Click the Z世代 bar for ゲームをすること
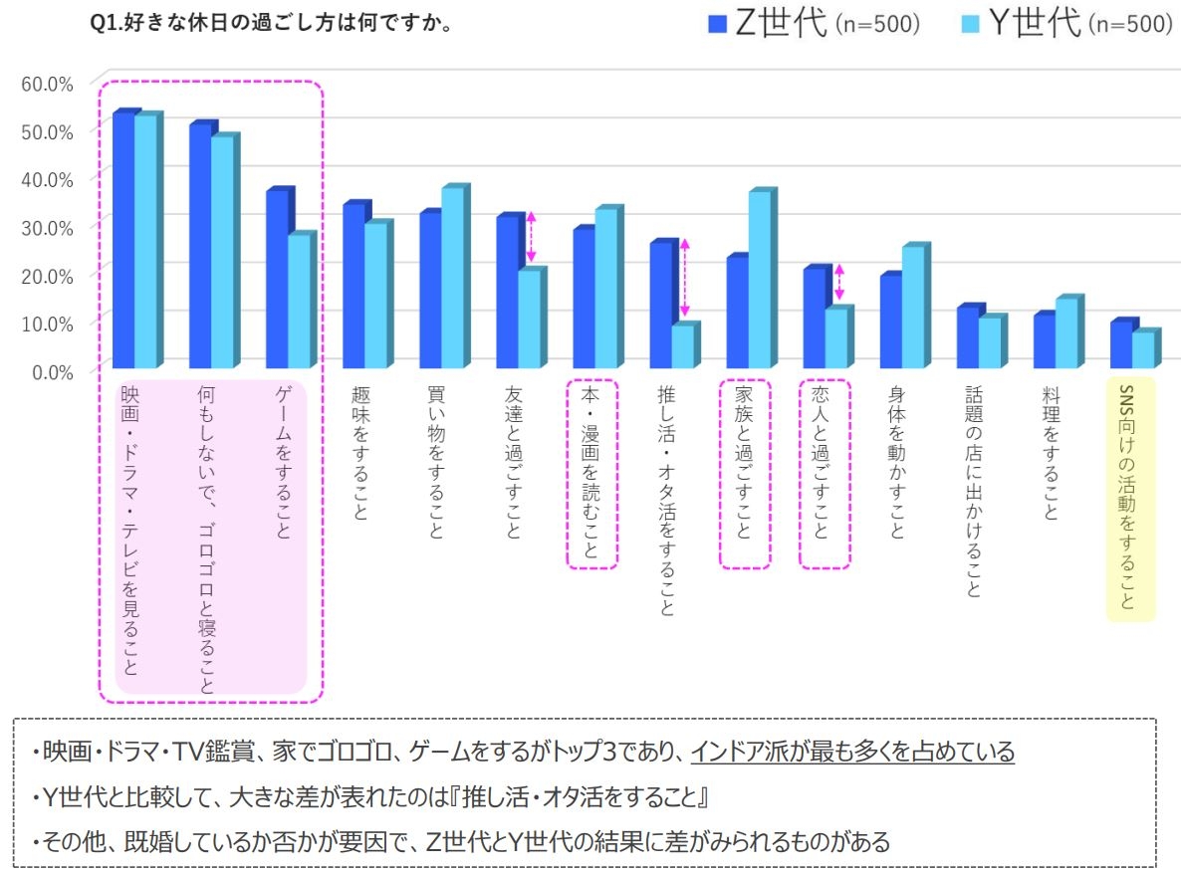276,279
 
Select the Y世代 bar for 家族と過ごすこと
760,279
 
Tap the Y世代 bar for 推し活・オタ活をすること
682,345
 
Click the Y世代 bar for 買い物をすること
452,277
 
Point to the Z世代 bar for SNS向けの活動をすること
1120,344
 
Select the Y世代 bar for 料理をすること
1065,332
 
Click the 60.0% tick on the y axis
47,83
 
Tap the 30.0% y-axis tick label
47,227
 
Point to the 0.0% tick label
51,371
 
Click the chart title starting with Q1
272,23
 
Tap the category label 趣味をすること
359,454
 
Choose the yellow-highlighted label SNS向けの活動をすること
1128,498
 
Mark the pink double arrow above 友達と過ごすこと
532,237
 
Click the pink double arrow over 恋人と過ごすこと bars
839,283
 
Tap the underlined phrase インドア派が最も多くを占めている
852,751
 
